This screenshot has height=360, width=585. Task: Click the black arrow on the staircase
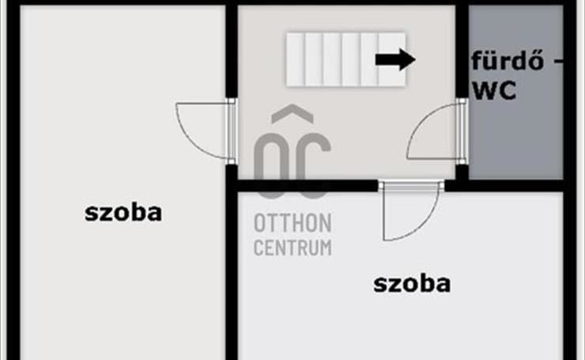(x=395, y=59)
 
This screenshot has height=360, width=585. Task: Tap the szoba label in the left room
(x=123, y=213)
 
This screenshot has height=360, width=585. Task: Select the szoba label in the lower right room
(x=412, y=284)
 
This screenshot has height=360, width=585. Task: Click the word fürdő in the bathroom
(x=508, y=61)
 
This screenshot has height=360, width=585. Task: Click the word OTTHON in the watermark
(x=292, y=223)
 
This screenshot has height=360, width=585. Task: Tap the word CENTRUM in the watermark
(x=292, y=247)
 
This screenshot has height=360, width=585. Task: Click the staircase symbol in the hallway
(x=345, y=60)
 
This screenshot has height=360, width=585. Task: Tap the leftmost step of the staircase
(x=296, y=60)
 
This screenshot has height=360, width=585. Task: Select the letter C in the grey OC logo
(x=312, y=166)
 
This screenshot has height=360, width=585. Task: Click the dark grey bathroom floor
(x=515, y=142)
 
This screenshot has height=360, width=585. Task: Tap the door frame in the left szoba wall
(x=232, y=131)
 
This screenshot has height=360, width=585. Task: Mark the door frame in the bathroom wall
(x=462, y=131)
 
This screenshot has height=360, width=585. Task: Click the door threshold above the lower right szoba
(x=412, y=186)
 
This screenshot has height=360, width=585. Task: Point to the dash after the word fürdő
(x=558, y=62)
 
